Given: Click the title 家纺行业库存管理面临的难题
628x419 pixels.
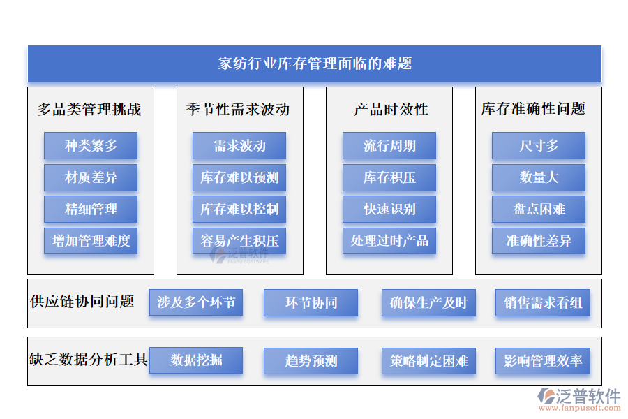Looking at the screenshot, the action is pos(315,64).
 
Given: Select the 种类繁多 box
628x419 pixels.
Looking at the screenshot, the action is pos(91,145).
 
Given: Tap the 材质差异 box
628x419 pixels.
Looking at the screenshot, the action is pos(91,177).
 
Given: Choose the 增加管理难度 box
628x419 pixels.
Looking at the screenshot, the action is pos(91,241).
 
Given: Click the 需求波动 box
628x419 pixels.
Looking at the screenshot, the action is pos(239,145).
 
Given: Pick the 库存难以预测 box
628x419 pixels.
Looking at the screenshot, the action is pos(239,177).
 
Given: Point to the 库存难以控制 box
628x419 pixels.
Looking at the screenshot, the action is pos(239,209).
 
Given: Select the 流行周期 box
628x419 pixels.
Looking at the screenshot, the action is pos(389,145).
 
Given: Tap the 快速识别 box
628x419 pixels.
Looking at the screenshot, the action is pos(389,209).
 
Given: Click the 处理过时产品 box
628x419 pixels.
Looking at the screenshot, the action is pos(389,241).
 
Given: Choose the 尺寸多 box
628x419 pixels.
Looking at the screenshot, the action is pos(539,145).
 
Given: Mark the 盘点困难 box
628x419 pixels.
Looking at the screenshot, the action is pos(539,209).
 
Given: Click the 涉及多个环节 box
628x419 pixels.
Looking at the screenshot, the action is pos(196,302).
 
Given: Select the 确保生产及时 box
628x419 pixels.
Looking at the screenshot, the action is pos(428,302).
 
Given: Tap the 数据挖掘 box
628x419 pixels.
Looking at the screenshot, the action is pos(196,360).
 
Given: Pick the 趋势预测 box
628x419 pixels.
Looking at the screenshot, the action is pos(311,361).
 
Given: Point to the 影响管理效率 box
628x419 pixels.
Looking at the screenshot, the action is pos(543,361).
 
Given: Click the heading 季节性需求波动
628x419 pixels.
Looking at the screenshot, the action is pos(237,109).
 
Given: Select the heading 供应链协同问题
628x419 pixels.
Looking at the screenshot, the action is pos(82,302).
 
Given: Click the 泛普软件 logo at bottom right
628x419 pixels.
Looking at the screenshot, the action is pos(578,399).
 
